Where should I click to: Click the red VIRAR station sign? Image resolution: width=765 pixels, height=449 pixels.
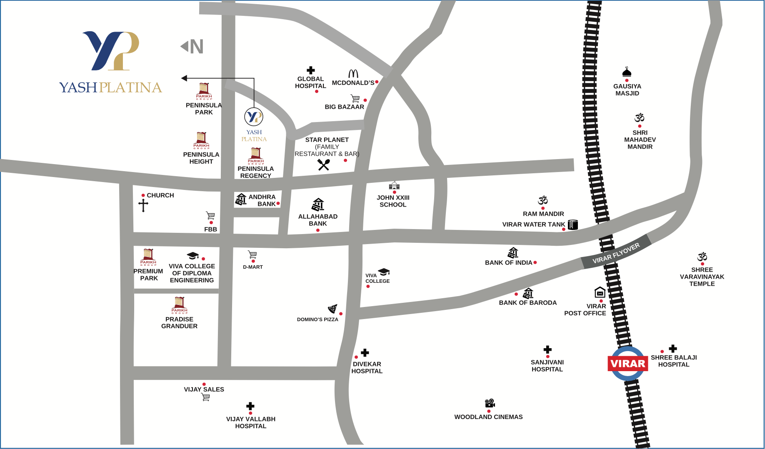point(627,364)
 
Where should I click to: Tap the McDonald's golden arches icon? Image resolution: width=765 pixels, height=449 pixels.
point(353,74)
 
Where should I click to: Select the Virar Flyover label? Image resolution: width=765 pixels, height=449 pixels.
point(616,253)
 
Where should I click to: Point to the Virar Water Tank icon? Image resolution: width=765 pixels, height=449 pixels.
point(573,224)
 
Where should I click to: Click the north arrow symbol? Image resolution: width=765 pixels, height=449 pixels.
point(192,46)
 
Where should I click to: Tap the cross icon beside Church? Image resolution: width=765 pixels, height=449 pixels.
point(143,205)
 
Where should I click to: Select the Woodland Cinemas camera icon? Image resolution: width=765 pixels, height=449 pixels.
point(490,403)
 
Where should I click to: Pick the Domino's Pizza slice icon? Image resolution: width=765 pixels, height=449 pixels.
point(332,309)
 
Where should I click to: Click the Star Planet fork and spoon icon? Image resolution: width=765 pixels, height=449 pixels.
point(324,165)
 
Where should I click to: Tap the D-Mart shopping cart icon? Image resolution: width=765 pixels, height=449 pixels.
point(252,254)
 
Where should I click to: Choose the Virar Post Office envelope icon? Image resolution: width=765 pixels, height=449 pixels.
point(600,292)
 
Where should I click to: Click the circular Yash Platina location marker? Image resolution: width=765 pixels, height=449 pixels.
point(254,117)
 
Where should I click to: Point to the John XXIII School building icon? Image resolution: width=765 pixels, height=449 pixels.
point(394,185)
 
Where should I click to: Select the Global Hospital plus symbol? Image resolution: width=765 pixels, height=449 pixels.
point(311,70)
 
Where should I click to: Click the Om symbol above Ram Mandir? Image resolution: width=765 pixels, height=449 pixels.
point(542,200)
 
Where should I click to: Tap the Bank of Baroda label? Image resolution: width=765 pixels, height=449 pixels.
point(527,303)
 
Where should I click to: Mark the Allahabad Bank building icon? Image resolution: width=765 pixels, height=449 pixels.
point(318,205)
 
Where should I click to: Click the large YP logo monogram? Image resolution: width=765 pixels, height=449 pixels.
point(111,50)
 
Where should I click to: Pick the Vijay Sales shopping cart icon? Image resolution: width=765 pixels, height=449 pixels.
point(206,397)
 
